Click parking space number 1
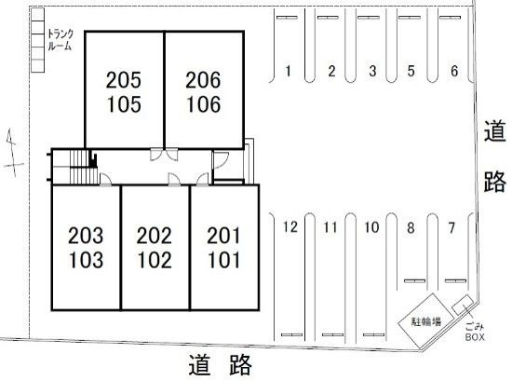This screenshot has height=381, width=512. tap(288, 71)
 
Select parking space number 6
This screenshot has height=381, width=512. tap(454, 71)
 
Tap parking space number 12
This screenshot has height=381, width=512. tap(290, 226)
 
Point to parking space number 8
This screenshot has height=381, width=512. tap(411, 227)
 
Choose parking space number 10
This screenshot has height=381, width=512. tap(371, 227)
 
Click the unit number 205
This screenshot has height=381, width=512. tap(124, 80)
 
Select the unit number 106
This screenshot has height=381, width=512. tap(203, 104)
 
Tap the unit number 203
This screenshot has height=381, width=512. tap(86, 236)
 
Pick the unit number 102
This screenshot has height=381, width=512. tap(155, 260)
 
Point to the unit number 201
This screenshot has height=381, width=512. tap(223, 236)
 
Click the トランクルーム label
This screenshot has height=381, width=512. tap(61, 40)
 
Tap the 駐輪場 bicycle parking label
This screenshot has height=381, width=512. tap(425, 321)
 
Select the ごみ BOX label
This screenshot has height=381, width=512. tap(475, 332)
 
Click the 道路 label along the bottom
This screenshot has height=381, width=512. tap(220, 364)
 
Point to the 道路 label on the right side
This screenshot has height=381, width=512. tap(494, 156)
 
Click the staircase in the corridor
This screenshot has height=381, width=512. tap(84, 167)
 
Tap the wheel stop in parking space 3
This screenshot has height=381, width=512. tap(369, 18)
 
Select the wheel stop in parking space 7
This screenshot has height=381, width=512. tap(455, 280)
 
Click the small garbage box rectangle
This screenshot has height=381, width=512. tap(463, 306)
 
